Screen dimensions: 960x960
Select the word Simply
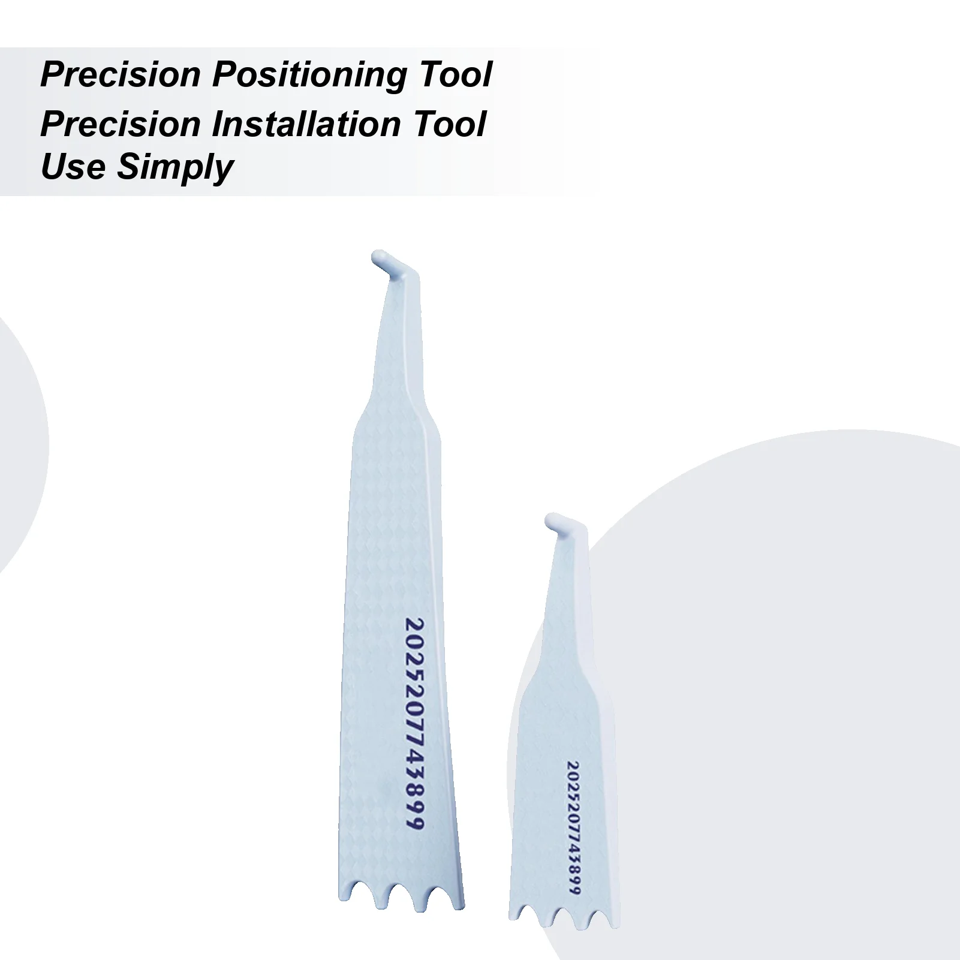click(x=175, y=167)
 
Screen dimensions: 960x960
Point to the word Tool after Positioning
click(x=456, y=75)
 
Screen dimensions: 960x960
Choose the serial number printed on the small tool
click(x=574, y=827)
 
